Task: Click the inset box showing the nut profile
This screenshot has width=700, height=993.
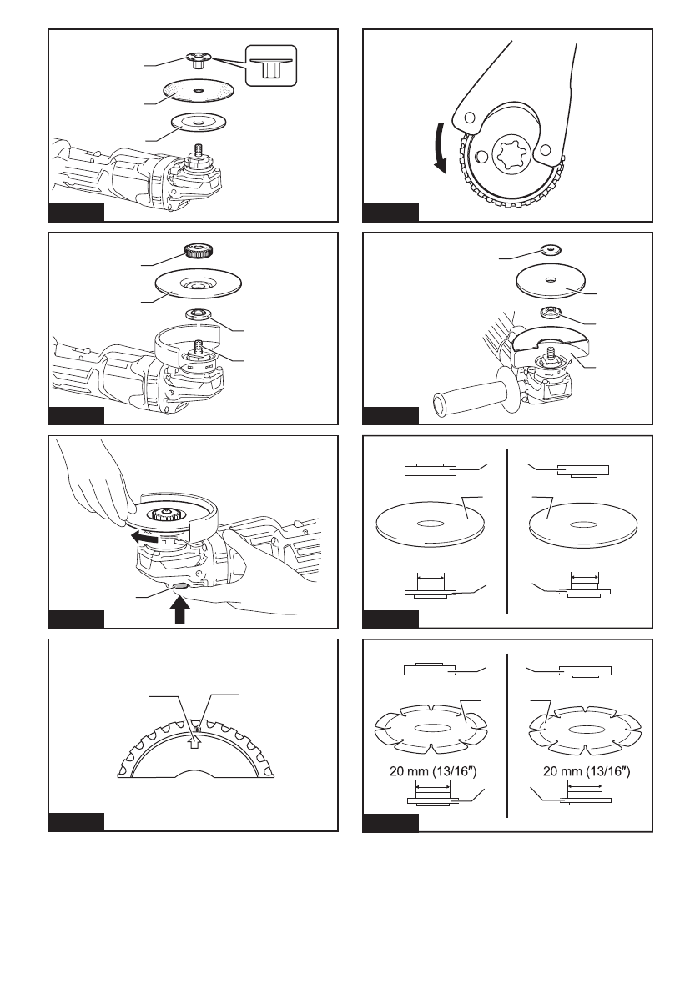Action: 270,65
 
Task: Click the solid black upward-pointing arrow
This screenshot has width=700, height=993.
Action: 180,609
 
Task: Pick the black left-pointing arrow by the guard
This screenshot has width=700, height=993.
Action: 145,538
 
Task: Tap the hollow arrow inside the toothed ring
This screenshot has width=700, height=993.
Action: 196,740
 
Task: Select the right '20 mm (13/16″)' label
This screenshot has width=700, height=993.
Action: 587,771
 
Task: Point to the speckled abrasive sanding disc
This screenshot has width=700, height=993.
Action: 199,92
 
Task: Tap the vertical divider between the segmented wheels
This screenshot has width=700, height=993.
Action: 507,735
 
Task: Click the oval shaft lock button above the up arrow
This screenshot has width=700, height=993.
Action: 180,587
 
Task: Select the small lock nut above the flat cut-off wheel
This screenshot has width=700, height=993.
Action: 551,248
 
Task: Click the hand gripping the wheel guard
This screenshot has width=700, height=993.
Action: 95,481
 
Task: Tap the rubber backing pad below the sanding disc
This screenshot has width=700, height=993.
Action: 199,123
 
